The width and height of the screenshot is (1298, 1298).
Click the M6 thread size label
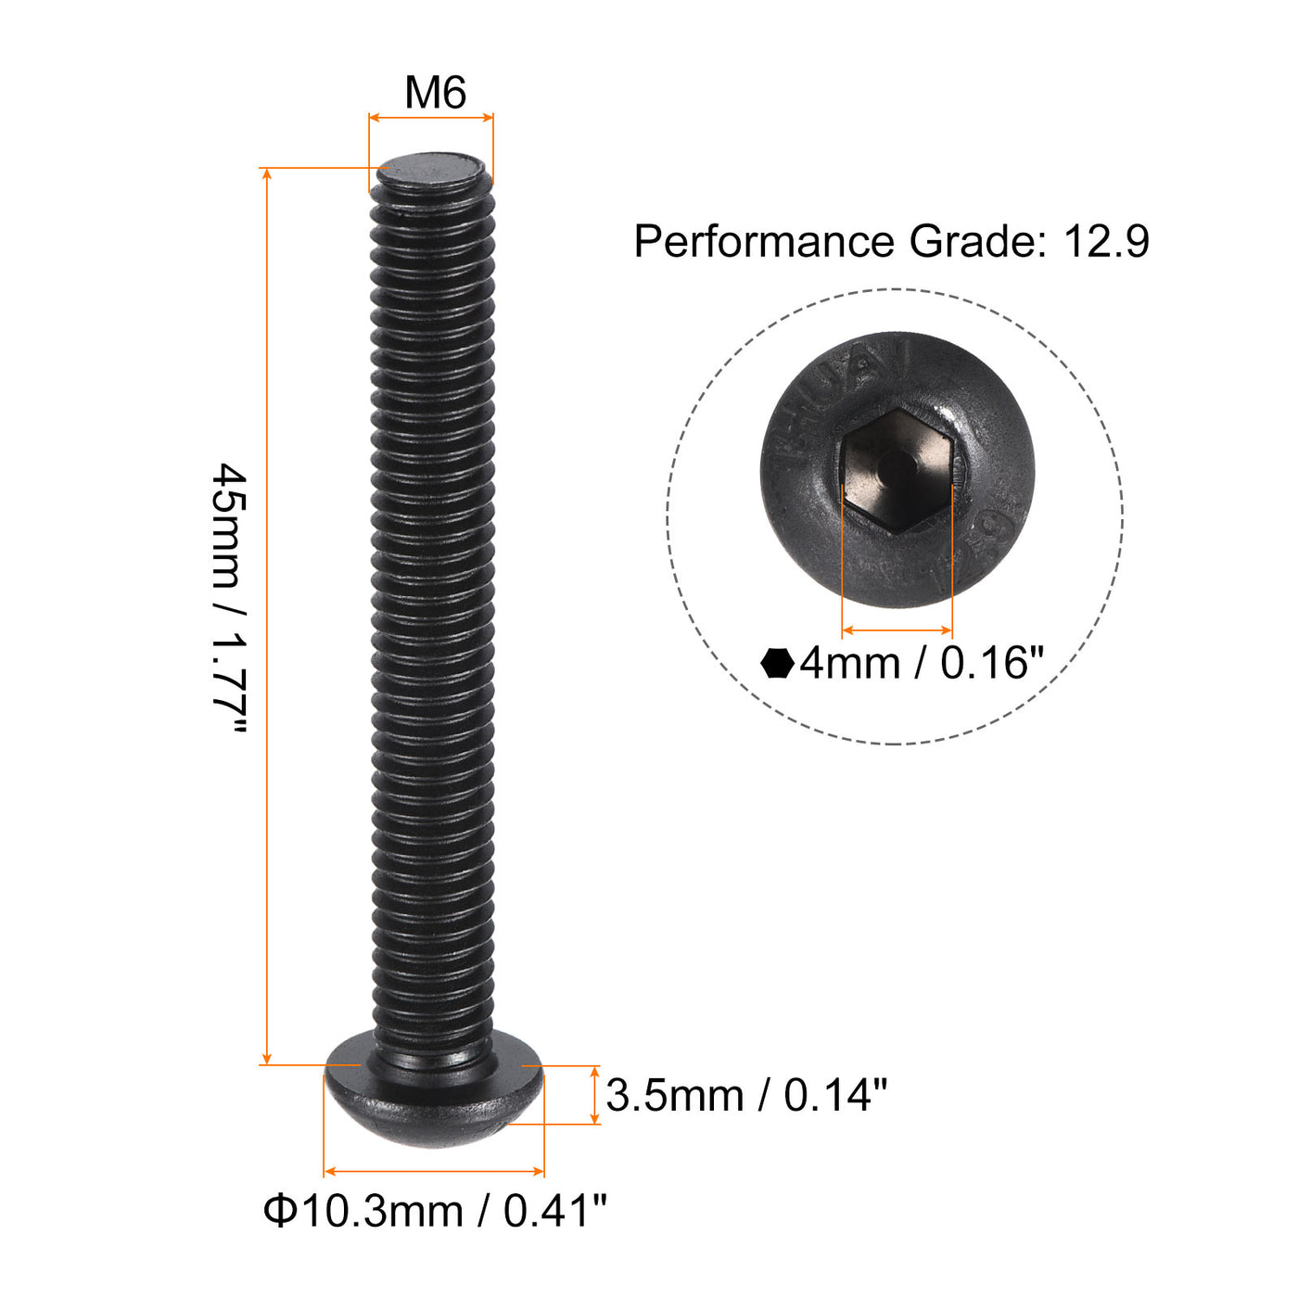tap(435, 93)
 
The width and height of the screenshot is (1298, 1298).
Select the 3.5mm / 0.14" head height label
tap(746, 1095)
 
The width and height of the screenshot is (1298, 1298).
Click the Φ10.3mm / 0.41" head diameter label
tap(435, 1211)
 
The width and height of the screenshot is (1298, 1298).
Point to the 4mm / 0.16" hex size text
tap(922, 664)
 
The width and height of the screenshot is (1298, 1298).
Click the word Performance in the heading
tap(762, 242)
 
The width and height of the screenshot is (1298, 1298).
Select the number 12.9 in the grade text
tap(1106, 242)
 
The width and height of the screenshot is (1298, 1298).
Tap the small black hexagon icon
tap(777, 664)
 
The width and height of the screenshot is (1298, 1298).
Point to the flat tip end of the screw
tap(431, 171)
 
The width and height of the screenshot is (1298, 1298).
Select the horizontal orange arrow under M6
tap(431, 118)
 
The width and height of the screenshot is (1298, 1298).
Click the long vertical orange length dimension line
tap(268, 617)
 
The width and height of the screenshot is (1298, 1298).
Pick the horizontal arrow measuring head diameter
tap(434, 1172)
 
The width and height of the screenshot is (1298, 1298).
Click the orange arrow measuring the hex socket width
tap(897, 630)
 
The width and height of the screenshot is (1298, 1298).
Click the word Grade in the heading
tap(972, 242)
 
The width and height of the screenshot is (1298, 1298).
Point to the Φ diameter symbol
tap(279, 1211)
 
